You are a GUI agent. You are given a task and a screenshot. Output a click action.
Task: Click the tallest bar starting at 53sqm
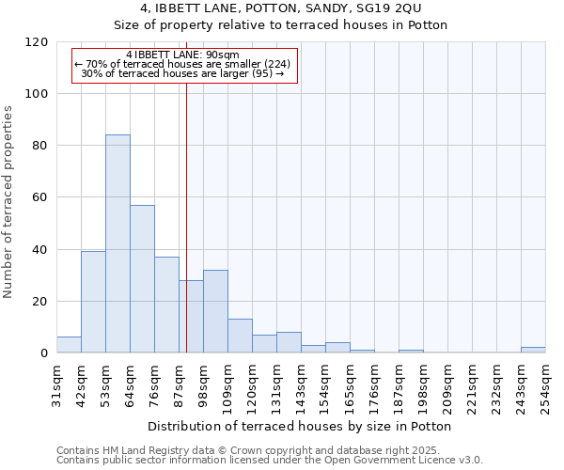pos(117,244)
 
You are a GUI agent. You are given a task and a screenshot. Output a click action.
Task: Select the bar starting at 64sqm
pos(142,279)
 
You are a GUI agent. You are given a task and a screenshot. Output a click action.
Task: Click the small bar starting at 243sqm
pos(533,351)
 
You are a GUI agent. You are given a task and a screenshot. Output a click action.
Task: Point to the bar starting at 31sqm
pos(69,345)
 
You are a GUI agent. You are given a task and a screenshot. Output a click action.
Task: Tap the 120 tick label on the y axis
pos(37,42)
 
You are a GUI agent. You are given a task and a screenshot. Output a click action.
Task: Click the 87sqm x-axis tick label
pos(180,383)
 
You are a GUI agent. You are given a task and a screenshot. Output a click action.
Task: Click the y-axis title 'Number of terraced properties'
pos(8,202)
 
